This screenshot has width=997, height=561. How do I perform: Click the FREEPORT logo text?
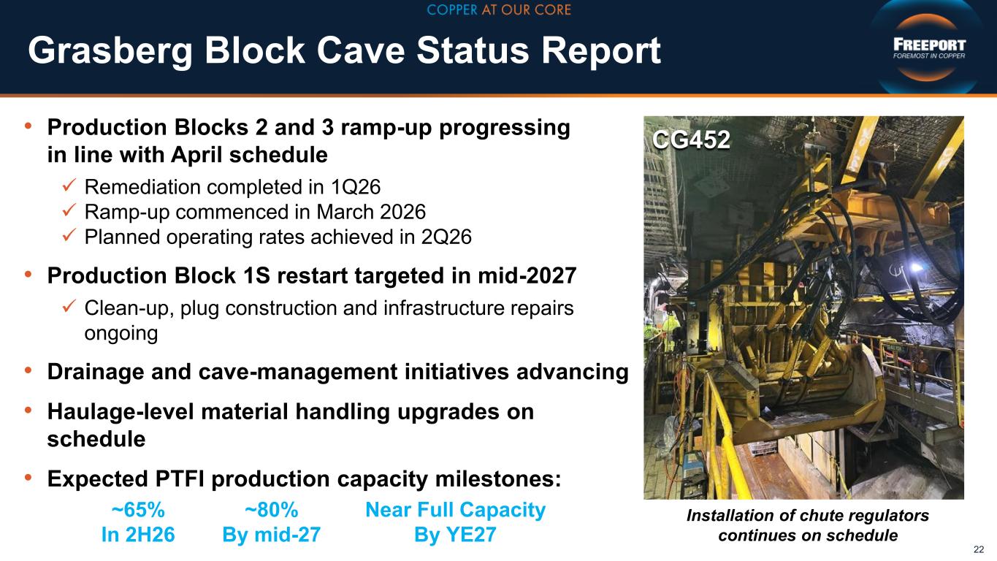point(929,45)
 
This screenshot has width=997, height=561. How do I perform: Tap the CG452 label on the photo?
point(691,140)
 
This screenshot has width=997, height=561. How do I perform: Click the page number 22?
point(979,549)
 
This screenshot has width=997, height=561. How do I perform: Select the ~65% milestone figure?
point(138,510)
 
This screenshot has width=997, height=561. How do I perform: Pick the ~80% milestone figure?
point(272,510)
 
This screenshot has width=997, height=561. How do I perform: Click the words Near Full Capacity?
point(455,510)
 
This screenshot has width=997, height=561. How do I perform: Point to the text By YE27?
point(455,535)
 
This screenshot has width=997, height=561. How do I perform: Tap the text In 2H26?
point(138,535)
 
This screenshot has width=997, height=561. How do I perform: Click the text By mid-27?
point(271,535)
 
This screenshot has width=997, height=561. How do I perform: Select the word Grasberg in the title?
point(110,50)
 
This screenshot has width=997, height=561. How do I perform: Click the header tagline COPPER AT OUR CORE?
point(498,9)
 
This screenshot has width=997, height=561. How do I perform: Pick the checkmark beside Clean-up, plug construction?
point(69,305)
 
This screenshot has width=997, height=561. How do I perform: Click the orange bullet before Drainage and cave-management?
point(28,370)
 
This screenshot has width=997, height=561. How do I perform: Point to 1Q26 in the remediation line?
point(356,187)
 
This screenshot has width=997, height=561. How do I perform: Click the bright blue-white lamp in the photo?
point(916,267)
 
